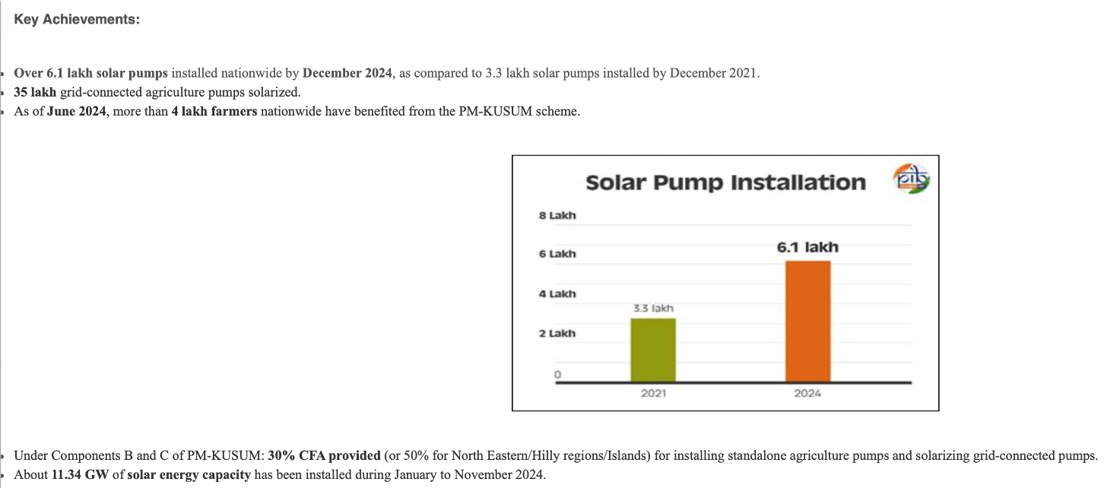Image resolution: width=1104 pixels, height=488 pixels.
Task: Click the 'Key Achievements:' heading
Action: click(x=77, y=19)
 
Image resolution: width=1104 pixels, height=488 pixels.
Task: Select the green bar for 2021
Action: click(x=653, y=350)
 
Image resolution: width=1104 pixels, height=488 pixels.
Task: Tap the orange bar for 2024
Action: click(x=807, y=322)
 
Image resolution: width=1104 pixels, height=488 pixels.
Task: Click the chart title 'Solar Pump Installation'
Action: click(x=725, y=182)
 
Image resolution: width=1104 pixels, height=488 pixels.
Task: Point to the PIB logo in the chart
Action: click(x=912, y=179)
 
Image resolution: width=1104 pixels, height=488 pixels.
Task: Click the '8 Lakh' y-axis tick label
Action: click(x=557, y=215)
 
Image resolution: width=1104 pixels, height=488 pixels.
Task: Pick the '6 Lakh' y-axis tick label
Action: click(x=557, y=254)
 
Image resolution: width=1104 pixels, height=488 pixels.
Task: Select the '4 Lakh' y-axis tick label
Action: click(x=557, y=293)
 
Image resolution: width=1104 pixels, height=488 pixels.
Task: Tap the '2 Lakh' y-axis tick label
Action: click(x=557, y=334)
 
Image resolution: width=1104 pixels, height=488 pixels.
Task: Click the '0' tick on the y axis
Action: click(x=557, y=375)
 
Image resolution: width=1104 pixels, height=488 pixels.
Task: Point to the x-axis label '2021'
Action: click(x=654, y=393)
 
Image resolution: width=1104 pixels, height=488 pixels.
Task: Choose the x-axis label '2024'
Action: click(x=807, y=393)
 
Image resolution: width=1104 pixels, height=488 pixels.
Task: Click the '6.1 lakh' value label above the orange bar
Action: click(x=807, y=247)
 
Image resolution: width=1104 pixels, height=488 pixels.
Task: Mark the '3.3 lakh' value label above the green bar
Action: click(x=653, y=309)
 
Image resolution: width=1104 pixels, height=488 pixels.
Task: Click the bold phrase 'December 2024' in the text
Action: click(x=347, y=73)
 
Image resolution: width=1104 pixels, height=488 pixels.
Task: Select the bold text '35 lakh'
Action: click(x=35, y=92)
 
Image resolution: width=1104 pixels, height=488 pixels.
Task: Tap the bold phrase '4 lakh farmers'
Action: click(x=214, y=112)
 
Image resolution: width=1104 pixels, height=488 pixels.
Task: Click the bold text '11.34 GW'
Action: click(x=80, y=474)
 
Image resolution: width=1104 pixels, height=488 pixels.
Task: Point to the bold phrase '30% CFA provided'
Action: click(x=325, y=455)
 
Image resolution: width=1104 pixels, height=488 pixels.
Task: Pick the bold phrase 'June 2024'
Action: click(x=76, y=112)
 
